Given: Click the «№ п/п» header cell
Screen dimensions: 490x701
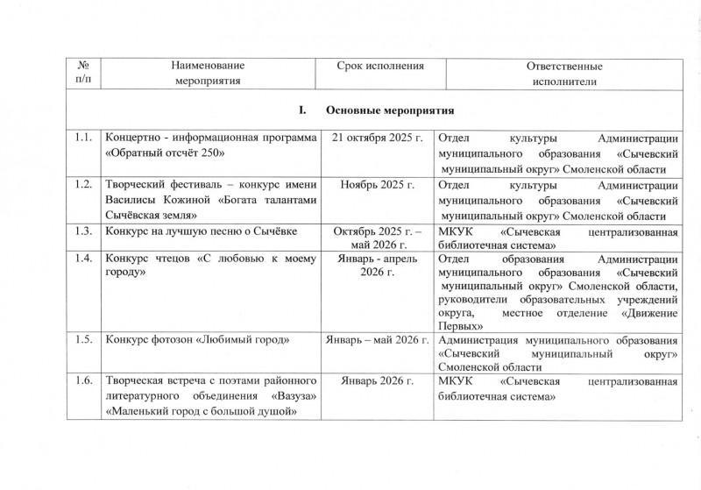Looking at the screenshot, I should [x=83, y=74].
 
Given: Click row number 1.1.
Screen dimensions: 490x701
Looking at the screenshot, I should [x=84, y=138].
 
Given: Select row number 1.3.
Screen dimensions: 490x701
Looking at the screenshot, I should [x=84, y=231].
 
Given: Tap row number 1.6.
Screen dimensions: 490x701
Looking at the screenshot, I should [x=84, y=381].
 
